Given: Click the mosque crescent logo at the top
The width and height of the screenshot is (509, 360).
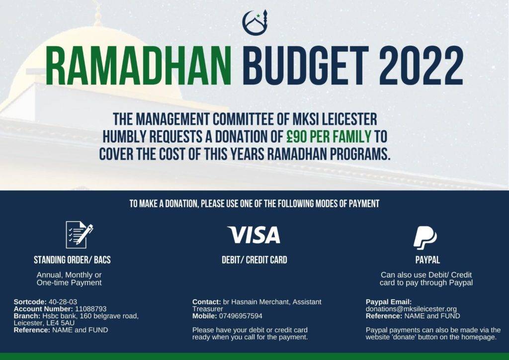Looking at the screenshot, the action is click(x=255, y=22).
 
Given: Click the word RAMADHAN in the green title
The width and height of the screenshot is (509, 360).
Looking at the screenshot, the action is click(x=139, y=66).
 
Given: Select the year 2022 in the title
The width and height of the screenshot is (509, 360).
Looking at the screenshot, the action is click(x=421, y=66).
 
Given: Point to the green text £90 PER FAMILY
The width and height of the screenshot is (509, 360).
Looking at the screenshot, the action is click(x=329, y=137).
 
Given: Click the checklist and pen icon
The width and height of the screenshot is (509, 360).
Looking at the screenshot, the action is click(x=79, y=234).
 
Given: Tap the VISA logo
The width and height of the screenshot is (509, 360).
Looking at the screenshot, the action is click(x=254, y=235).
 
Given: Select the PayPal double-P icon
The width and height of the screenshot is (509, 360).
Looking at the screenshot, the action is click(x=425, y=238).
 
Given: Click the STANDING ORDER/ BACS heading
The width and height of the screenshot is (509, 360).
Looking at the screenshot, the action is click(x=72, y=260).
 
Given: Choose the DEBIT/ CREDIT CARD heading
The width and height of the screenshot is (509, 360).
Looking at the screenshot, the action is click(x=254, y=260).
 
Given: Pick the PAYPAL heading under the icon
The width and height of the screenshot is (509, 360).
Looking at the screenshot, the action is click(x=427, y=260).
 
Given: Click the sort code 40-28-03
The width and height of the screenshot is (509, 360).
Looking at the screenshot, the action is click(x=63, y=301).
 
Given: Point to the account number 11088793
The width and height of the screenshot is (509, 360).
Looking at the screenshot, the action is click(x=90, y=309).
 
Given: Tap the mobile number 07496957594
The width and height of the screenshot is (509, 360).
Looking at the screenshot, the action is click(x=241, y=316).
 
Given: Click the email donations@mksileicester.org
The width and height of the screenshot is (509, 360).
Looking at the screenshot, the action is click(x=411, y=309).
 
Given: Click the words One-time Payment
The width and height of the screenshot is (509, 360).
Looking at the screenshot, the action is click(x=69, y=282).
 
